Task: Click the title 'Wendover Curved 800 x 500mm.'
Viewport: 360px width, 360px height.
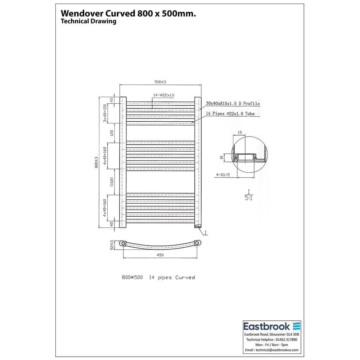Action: click(129, 13)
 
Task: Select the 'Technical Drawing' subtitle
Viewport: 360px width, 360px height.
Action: click(88, 21)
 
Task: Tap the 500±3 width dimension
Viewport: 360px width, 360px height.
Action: click(160, 82)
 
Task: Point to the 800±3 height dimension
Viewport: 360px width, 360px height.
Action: click(96, 162)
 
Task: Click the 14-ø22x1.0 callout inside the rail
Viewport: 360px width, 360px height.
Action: click(163, 95)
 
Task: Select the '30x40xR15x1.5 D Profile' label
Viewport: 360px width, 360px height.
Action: click(233, 103)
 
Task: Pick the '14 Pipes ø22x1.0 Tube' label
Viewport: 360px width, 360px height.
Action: click(230, 113)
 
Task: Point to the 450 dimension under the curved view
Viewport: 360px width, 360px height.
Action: click(160, 255)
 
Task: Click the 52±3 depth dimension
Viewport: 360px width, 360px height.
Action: click(112, 245)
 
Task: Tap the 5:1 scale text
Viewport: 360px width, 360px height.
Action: click(248, 198)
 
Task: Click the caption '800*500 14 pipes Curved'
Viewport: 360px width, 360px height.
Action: click(158, 278)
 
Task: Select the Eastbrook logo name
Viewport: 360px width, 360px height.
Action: click(266, 327)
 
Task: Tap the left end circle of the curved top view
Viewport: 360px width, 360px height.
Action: click(123, 244)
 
